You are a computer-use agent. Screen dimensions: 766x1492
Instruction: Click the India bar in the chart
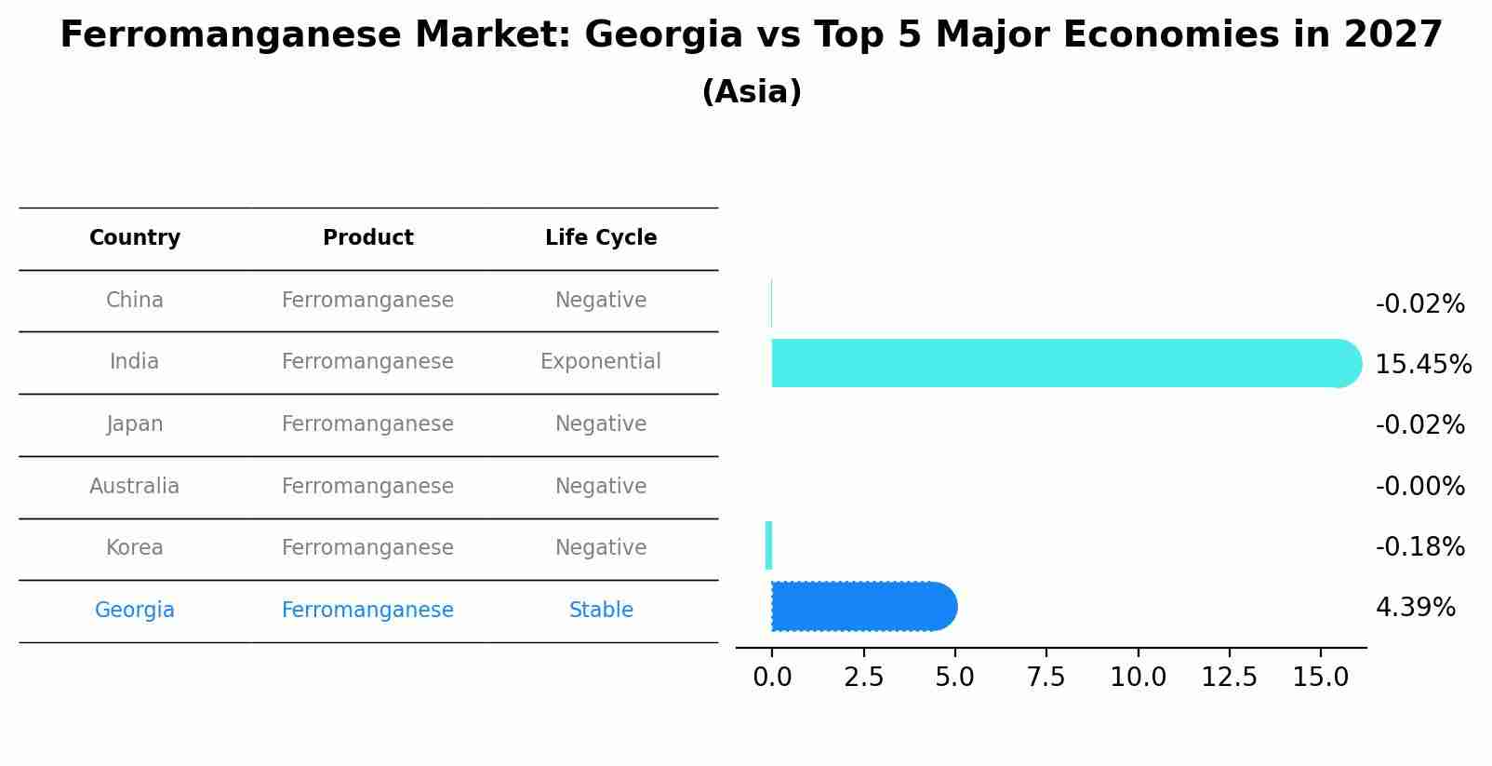click(1060, 363)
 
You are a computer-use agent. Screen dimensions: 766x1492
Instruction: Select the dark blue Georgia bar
click(860, 607)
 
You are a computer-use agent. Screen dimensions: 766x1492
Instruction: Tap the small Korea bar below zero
click(768, 545)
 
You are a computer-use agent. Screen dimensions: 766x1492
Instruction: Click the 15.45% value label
click(1422, 365)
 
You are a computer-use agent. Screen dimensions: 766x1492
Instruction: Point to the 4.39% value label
click(1415, 608)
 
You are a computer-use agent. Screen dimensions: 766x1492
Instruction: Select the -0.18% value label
click(1419, 547)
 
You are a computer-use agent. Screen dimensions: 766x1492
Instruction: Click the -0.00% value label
click(1419, 487)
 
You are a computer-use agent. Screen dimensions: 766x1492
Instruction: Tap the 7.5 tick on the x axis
click(1046, 678)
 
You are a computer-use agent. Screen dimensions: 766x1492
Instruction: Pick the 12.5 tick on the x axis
click(1229, 678)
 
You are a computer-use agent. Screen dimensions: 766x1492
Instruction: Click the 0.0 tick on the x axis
click(772, 678)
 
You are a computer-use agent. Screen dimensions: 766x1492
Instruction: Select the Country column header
click(135, 238)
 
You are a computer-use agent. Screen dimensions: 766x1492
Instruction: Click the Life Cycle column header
click(601, 238)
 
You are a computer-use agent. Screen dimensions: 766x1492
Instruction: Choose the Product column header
click(367, 238)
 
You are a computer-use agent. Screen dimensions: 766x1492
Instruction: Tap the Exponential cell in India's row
click(601, 362)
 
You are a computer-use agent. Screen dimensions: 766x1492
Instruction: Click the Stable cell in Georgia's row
click(601, 611)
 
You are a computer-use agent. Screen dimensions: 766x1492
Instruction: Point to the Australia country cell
click(135, 487)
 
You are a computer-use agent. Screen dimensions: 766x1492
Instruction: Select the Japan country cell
click(135, 424)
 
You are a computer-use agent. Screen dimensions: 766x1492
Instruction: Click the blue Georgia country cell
click(135, 611)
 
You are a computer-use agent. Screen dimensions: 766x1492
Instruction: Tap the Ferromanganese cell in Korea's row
click(367, 548)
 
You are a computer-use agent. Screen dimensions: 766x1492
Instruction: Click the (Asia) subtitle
click(752, 92)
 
